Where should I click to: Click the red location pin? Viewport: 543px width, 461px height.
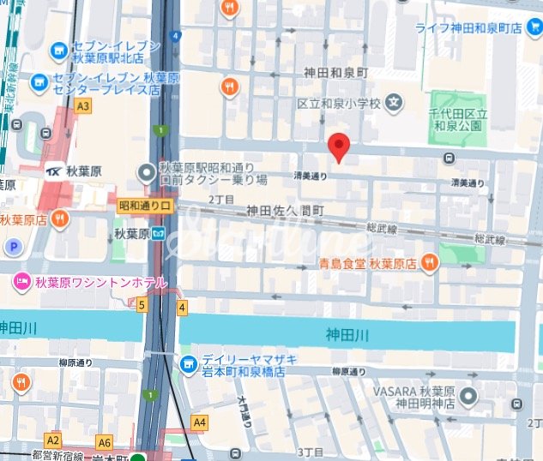point(339,147)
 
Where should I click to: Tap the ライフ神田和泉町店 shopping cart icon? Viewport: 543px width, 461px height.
point(401,28)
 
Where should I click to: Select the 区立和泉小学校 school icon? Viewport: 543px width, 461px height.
point(393,103)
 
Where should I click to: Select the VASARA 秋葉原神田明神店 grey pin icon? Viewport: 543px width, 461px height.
point(468,397)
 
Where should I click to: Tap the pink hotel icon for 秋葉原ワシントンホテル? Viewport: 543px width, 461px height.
point(21,280)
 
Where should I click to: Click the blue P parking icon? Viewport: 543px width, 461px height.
point(13,248)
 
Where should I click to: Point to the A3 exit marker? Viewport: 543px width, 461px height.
point(82,106)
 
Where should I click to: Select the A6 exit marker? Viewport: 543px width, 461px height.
point(105,442)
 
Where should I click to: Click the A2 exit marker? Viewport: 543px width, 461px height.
point(53,440)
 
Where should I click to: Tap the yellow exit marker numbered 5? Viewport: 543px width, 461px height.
point(142,305)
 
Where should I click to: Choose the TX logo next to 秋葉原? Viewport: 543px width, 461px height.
point(56,170)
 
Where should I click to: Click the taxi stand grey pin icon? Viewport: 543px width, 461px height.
point(146,171)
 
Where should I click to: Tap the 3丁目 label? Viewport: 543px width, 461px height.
point(308,451)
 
